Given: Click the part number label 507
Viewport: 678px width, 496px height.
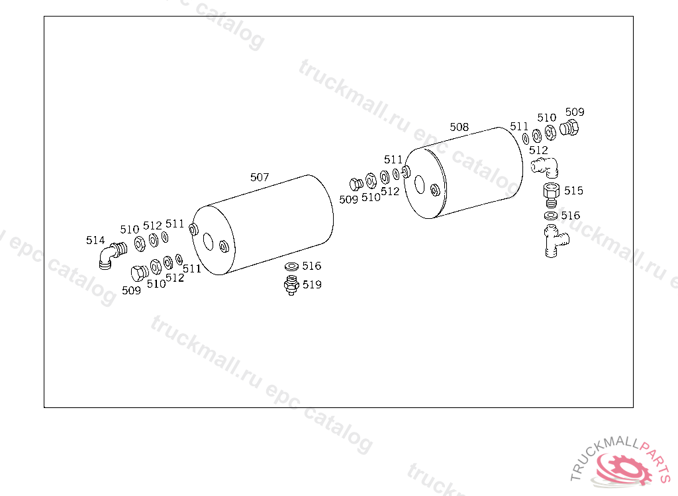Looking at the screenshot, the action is [260, 177].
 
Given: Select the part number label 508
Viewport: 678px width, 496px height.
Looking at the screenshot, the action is [460, 127].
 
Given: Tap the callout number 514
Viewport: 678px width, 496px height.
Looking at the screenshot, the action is [95, 240].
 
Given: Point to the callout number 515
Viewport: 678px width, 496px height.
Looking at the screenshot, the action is [574, 190].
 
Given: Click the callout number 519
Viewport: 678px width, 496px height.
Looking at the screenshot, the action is [313, 285].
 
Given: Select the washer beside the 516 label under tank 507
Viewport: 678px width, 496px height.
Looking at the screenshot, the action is [292, 266].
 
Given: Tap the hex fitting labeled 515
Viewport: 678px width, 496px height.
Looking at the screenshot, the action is [552, 195].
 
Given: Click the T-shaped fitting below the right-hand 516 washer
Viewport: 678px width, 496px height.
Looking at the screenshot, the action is [554, 241].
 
